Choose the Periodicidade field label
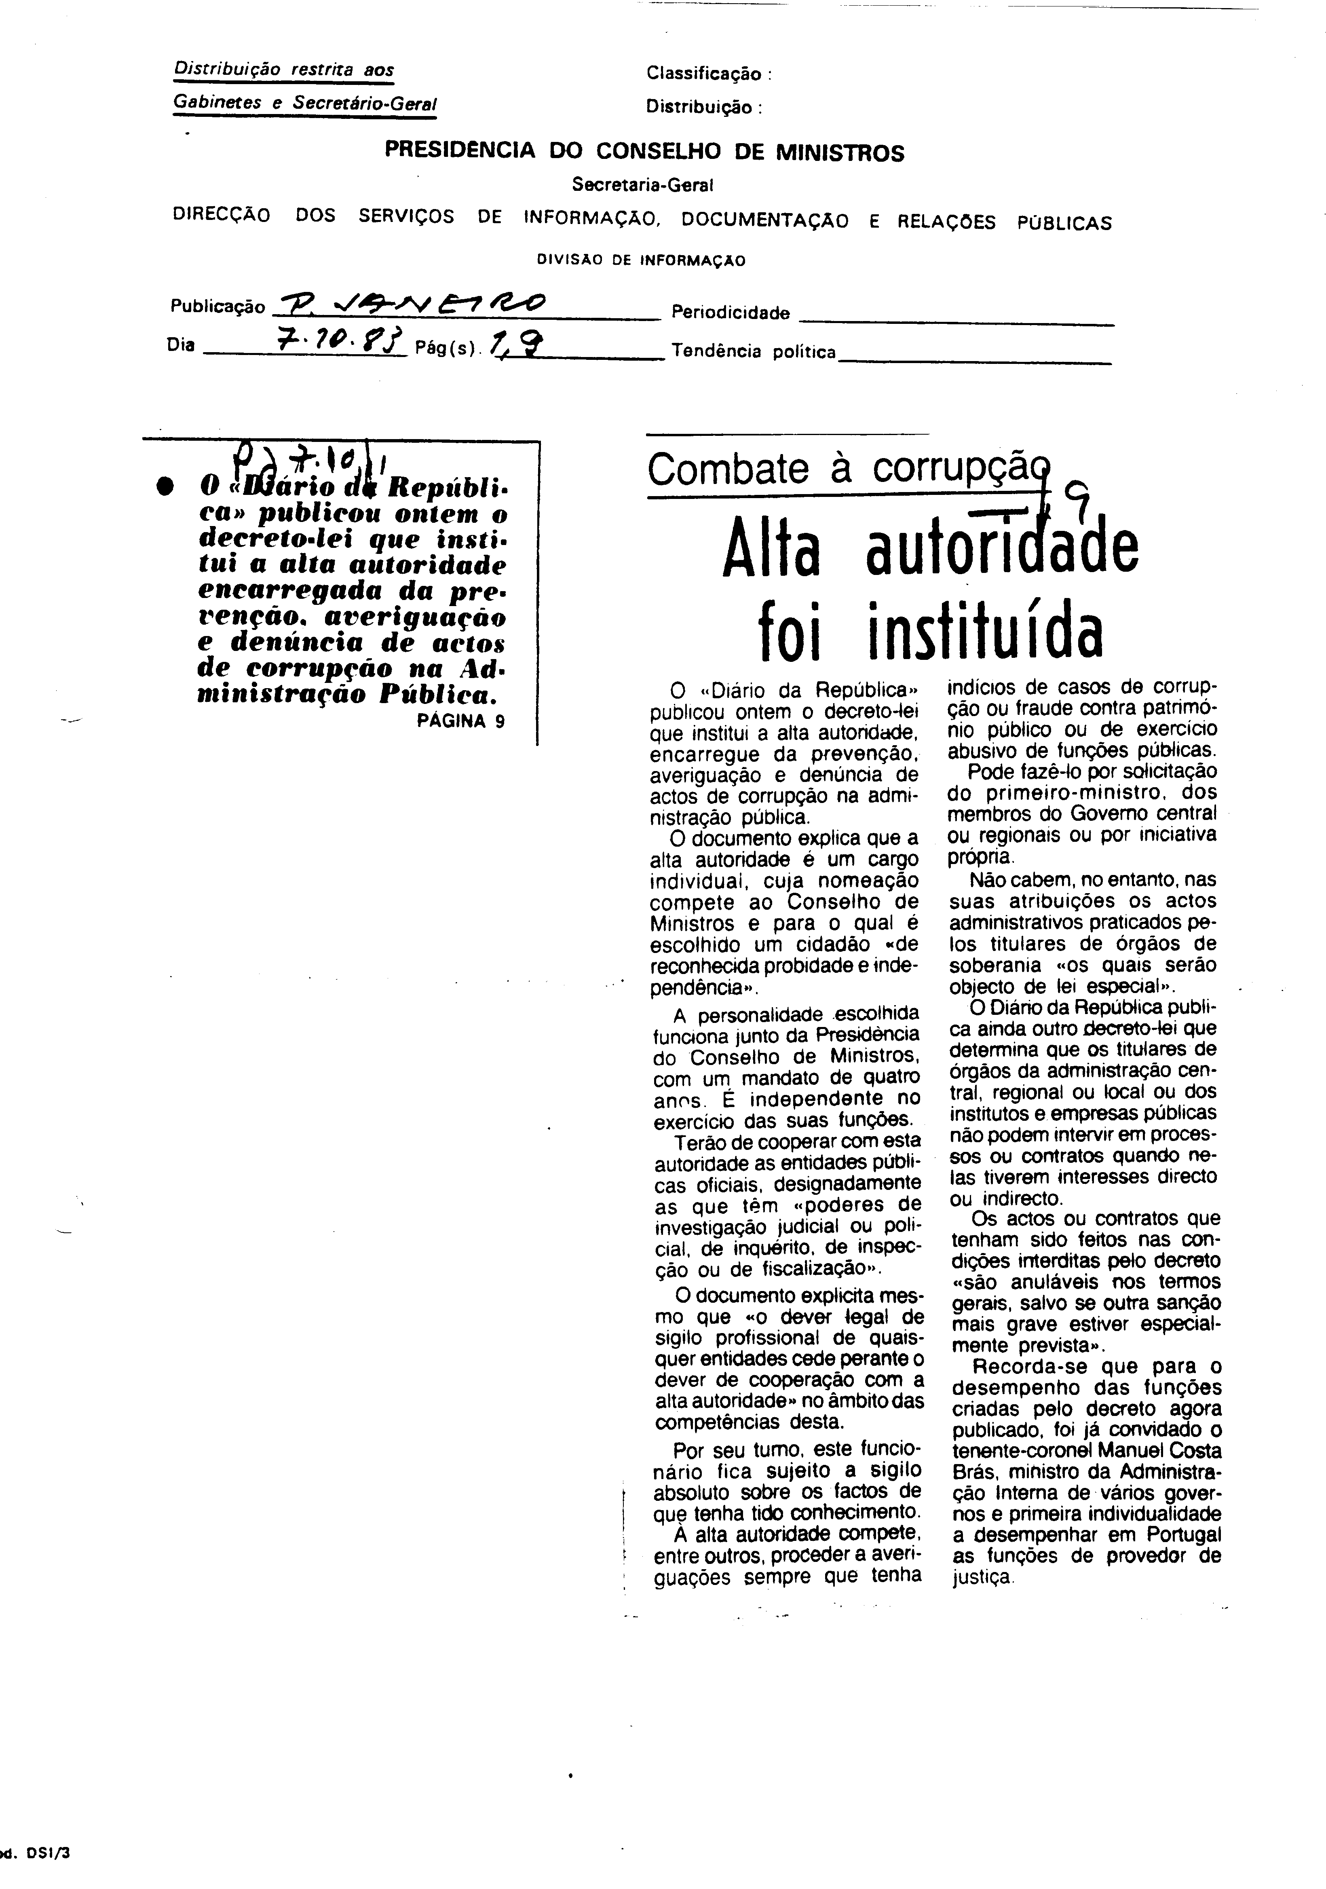coord(731,313)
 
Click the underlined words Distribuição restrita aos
coord(284,71)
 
